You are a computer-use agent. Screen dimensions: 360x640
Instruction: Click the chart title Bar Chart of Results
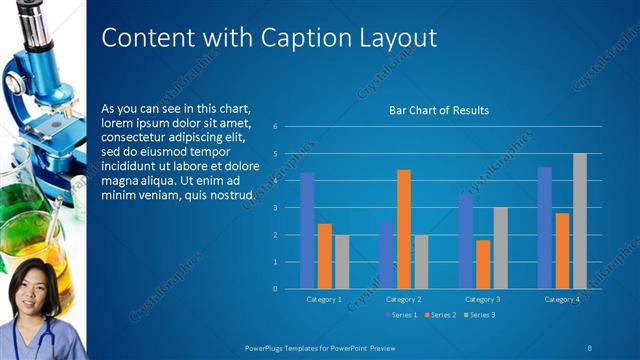[x=438, y=110]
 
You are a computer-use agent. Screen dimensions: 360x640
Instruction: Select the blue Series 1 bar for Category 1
[x=307, y=230]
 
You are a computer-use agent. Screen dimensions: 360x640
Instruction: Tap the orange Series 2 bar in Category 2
[x=404, y=229]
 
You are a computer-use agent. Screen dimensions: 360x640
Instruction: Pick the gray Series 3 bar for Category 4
[x=580, y=221]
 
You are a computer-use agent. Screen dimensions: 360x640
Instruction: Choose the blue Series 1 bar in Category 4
[x=545, y=227]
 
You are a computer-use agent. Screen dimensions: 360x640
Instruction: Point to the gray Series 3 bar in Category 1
[x=342, y=261]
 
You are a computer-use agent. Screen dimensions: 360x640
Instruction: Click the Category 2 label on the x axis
[x=403, y=299]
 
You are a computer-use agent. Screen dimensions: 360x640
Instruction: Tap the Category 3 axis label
[x=483, y=299]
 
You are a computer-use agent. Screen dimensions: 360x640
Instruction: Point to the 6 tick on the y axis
[x=288, y=127]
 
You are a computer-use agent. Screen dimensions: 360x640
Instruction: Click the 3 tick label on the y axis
[x=288, y=208]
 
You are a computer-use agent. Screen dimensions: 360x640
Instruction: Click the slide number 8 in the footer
[x=589, y=346]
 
